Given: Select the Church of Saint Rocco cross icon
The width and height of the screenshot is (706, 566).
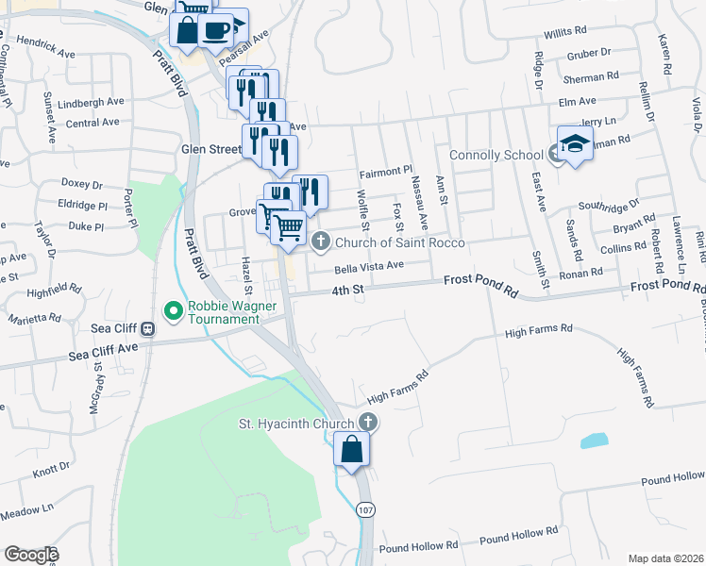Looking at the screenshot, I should click(320, 242).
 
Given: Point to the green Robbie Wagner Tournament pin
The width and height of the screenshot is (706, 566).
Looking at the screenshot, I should click(174, 309).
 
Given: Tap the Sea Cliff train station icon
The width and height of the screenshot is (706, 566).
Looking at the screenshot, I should click(148, 329).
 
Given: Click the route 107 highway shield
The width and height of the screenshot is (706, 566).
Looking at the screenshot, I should click(364, 509).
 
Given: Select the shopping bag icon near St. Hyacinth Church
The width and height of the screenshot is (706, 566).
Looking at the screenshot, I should click(351, 450).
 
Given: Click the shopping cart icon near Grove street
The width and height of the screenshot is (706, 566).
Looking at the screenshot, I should click(289, 226).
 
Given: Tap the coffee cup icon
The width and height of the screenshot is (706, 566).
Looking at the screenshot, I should click(215, 28).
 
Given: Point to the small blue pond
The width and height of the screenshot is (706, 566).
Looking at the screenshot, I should click(595, 440).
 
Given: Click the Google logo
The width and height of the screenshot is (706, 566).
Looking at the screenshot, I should click(30, 555).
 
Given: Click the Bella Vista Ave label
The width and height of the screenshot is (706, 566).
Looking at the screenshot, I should click(369, 267).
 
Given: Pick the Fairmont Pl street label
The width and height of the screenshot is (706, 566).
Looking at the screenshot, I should click(386, 173).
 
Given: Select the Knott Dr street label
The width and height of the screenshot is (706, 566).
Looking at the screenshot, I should click(52, 469).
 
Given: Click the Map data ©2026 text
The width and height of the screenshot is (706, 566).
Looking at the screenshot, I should click(665, 558).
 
